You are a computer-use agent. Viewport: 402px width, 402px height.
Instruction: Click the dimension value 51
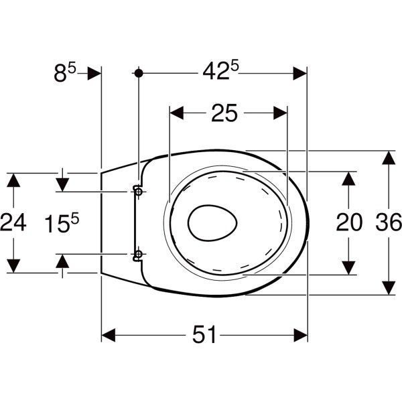pyautogui.click(x=204, y=334)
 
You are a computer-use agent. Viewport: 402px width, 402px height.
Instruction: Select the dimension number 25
pyautogui.click(x=224, y=113)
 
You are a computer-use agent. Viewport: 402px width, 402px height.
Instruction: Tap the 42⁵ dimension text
pyautogui.click(x=220, y=70)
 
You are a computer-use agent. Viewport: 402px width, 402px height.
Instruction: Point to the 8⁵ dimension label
pyautogui.click(x=65, y=73)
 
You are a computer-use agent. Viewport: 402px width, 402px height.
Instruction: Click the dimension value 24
pyautogui.click(x=13, y=222)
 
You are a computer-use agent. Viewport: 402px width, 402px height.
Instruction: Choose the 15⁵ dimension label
pyautogui.click(x=62, y=223)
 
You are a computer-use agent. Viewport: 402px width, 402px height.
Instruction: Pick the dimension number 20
pyautogui.click(x=349, y=222)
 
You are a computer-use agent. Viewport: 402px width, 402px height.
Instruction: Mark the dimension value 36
pyautogui.click(x=389, y=222)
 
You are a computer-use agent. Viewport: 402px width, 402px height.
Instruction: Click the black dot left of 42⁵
pyautogui.click(x=139, y=73)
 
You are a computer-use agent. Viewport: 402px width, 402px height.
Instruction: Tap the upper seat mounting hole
pyautogui.click(x=139, y=191)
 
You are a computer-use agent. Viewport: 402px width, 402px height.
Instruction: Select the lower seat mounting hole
pyautogui.click(x=139, y=254)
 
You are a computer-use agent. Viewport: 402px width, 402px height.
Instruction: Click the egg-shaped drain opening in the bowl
pyautogui.click(x=212, y=223)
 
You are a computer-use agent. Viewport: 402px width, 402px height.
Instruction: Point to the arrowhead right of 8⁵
pyautogui.click(x=94, y=74)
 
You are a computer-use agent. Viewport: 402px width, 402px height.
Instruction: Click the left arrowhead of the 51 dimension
pyautogui.click(x=109, y=335)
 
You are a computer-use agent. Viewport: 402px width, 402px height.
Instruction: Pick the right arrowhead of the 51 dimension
pyautogui.click(x=300, y=335)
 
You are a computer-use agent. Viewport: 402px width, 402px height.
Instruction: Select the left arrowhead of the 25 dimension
pyautogui.click(x=177, y=113)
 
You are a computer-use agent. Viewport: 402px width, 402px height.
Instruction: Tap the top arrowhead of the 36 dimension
pyautogui.click(x=389, y=157)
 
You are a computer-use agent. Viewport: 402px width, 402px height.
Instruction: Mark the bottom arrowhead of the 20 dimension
pyautogui.click(x=348, y=268)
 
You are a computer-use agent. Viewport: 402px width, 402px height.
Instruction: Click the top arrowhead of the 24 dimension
pyautogui.click(x=13, y=180)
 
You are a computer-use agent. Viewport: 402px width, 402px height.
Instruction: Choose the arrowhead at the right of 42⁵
pyautogui.click(x=300, y=74)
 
